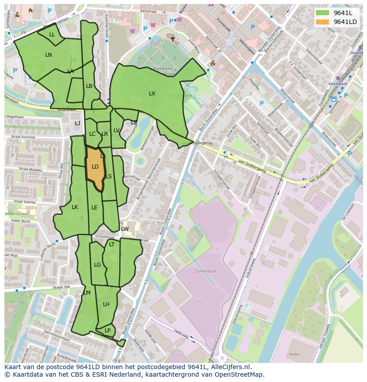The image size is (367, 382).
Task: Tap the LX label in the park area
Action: click(152, 94)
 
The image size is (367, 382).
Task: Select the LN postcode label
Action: click(48, 55)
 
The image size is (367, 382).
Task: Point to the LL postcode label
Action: click(52, 35)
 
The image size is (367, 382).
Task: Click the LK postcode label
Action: click(75, 207)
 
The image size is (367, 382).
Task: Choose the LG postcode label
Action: click(98, 265)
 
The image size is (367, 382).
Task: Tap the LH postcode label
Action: click(106, 304)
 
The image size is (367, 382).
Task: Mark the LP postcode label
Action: click(107, 331)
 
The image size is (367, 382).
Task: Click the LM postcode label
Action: click(87, 293)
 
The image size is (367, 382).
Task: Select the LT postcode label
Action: click(112, 244)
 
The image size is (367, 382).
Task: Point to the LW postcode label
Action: click(125, 229)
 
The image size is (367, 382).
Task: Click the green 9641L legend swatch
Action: click(322, 13)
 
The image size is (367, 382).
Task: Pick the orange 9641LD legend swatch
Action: click(322, 22)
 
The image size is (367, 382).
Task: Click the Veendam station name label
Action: click(338, 83)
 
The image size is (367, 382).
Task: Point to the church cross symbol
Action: click(173, 39)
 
